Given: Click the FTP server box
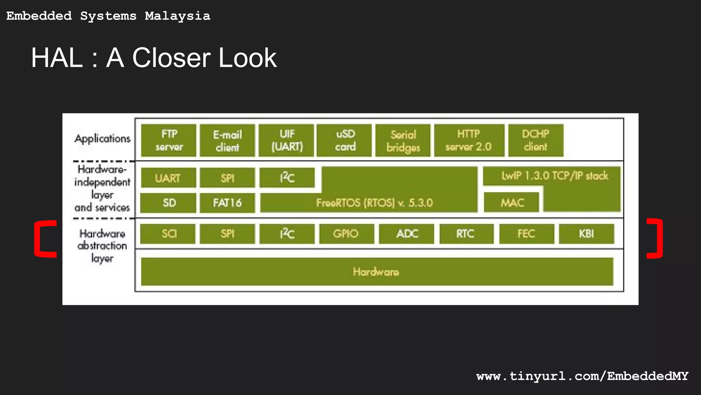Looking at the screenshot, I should (169, 141).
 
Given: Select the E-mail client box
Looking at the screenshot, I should (227, 141).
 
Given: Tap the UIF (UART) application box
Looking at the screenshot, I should (286, 141).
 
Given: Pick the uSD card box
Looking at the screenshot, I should (345, 141).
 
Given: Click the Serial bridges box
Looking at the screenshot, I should (403, 141).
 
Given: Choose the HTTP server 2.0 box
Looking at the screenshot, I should (469, 141).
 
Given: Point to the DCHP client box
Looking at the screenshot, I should (536, 141).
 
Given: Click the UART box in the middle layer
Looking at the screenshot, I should (168, 178).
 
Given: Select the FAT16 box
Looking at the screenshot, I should (227, 203).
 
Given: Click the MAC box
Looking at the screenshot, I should (512, 203).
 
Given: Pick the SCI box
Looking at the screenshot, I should (168, 234).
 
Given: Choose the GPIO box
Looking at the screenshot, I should (346, 234).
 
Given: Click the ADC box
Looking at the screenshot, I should (407, 234).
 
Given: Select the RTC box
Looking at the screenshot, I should (466, 234).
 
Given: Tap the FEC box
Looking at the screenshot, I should (526, 234).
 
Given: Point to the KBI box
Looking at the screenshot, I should (586, 234).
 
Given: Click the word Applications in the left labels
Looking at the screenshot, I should (102, 139).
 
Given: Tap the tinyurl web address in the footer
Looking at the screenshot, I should (582, 376).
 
